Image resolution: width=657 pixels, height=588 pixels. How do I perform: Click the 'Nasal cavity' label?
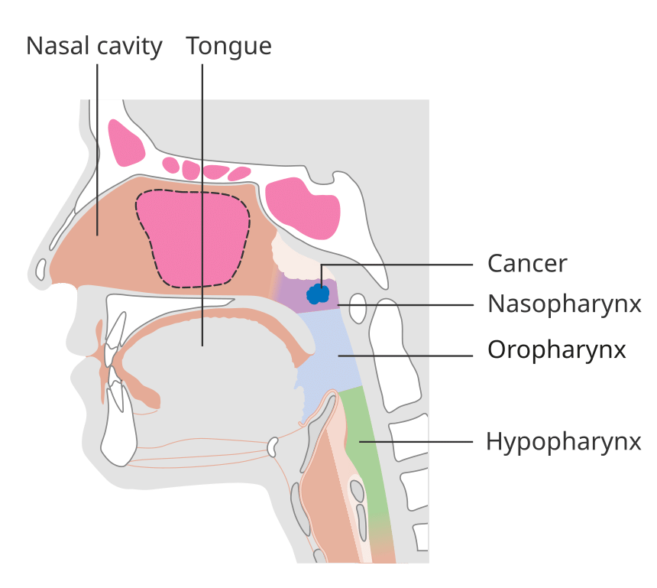[x=94, y=46]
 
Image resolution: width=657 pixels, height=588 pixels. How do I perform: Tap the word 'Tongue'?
[x=228, y=46]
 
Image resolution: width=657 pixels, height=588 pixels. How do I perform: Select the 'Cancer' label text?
[x=527, y=263]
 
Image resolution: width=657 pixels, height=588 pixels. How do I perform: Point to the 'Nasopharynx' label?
[x=565, y=304]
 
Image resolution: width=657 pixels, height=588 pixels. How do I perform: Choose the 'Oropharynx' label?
[x=556, y=349]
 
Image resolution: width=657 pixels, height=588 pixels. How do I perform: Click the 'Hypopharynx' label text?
[x=564, y=442]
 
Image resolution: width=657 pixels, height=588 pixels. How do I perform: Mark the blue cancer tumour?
[x=318, y=293]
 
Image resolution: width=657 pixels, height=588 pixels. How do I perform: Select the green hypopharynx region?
[x=367, y=461]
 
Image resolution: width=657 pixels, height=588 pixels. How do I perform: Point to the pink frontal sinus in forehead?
[x=126, y=142]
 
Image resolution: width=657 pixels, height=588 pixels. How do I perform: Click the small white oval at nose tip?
[x=40, y=270]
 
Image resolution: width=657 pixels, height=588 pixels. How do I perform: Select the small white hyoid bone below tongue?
[x=273, y=447]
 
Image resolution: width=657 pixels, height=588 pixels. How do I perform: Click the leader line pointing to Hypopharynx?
[x=416, y=442]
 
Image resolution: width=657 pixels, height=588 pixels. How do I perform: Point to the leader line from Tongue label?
[x=202, y=205]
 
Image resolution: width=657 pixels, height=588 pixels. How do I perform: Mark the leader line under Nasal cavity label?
[x=97, y=150]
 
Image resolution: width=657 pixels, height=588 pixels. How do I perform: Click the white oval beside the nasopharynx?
[x=358, y=308]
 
